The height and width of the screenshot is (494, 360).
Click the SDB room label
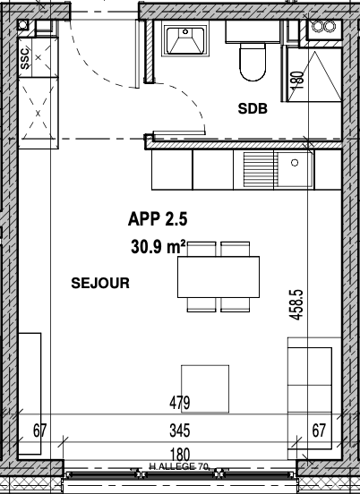[253, 108]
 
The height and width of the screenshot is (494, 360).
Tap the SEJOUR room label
[100, 283]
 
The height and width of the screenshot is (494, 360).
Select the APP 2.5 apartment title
[158, 219]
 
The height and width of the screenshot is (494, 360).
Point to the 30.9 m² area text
[158, 247]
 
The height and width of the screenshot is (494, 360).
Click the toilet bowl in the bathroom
[253, 62]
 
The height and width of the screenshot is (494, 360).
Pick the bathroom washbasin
[185, 40]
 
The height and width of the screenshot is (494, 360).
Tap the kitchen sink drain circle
[295, 163]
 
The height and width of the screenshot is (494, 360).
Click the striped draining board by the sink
[259, 169]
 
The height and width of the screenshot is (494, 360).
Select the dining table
[219, 277]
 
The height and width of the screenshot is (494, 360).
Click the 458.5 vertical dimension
[296, 305]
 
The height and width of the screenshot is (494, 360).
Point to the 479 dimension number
[180, 403]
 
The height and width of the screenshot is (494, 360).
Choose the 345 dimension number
[180, 430]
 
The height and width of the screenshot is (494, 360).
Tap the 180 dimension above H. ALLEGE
[180, 455]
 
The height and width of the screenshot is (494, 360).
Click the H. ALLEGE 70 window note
[179, 466]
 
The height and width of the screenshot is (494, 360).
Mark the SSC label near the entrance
[25, 58]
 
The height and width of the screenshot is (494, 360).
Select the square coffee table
[205, 388]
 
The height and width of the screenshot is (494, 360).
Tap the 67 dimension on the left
[40, 430]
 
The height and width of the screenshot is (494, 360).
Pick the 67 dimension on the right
[319, 430]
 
